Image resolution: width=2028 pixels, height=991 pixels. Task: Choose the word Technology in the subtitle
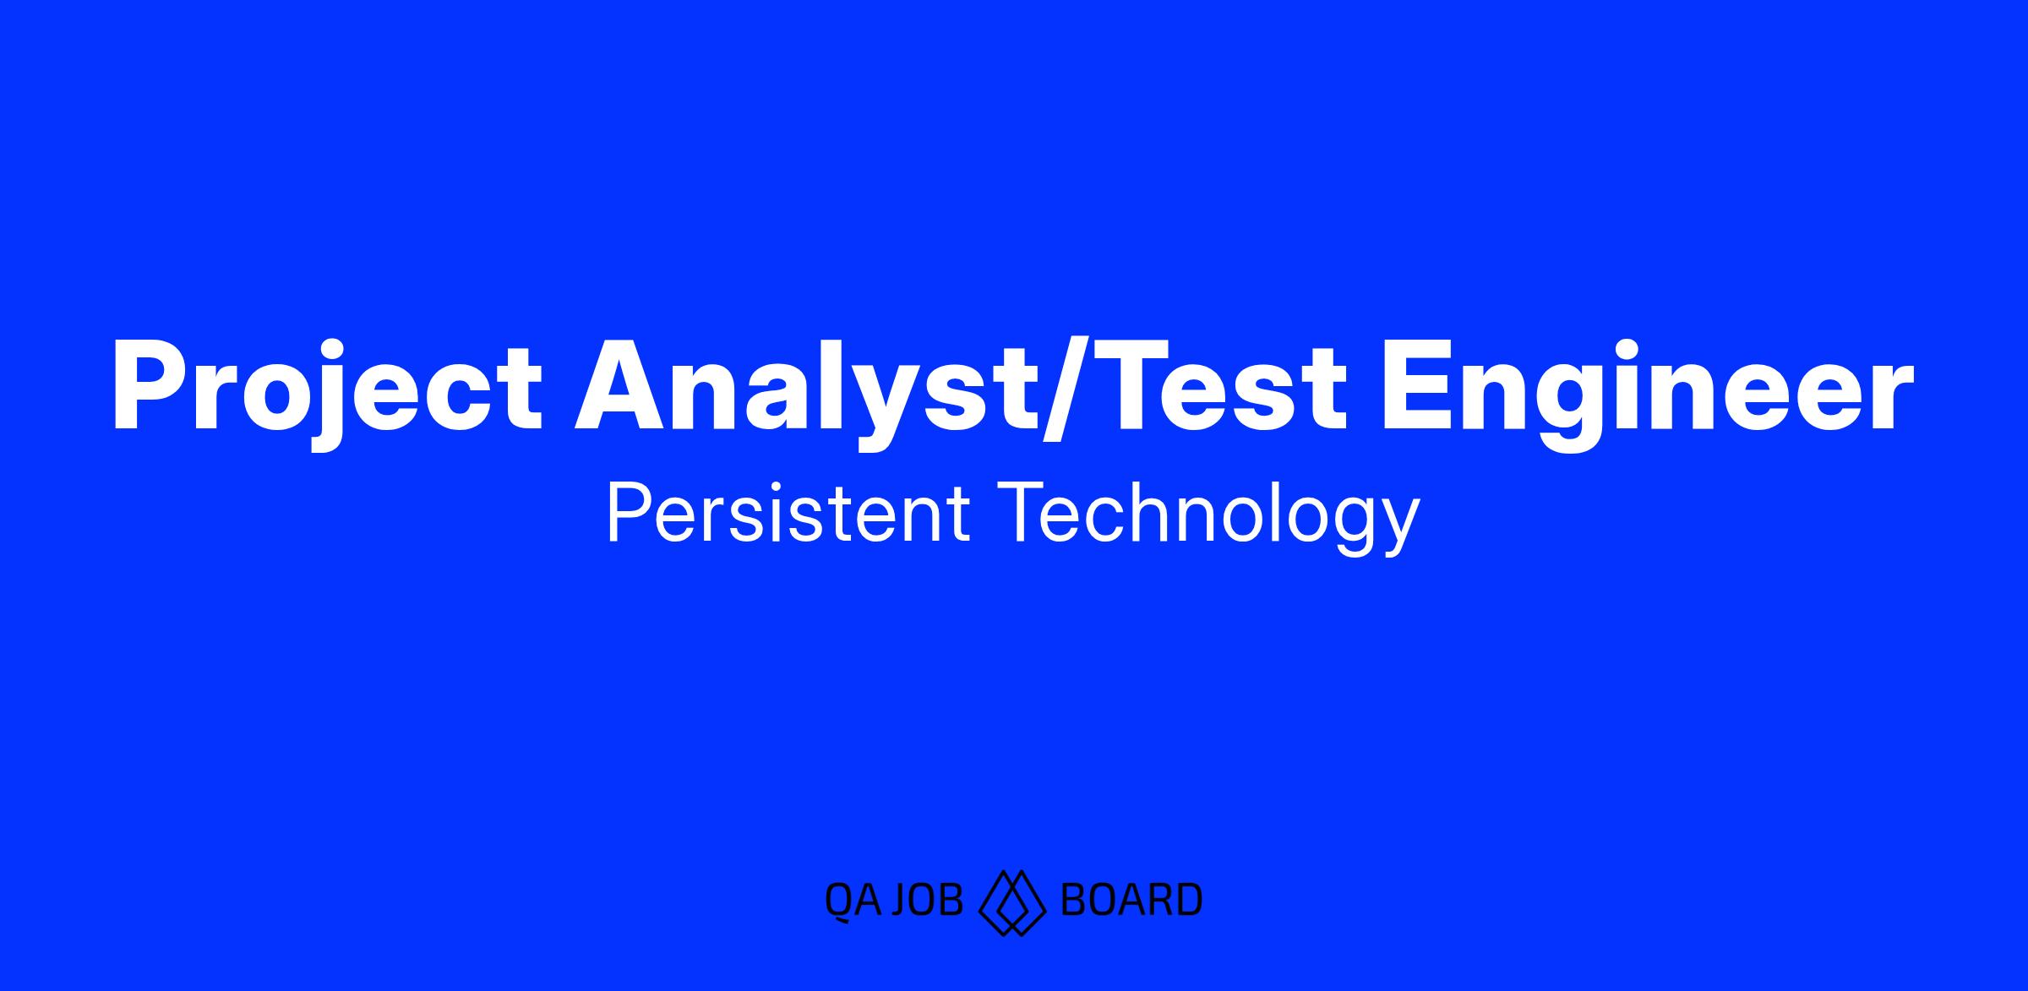coord(1209,516)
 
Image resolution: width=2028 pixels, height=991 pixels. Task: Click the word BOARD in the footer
coord(1131,901)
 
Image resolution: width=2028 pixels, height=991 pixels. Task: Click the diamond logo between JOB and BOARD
coord(1012,901)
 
